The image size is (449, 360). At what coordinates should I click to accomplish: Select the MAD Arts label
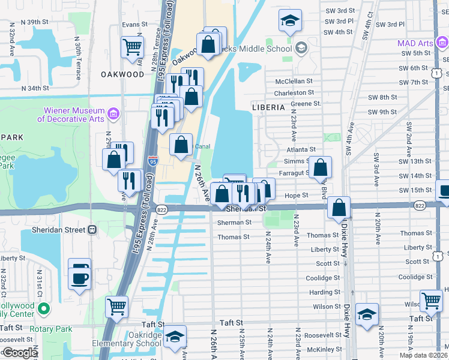tap(415, 43)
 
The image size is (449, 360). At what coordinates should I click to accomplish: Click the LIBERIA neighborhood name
tap(267, 107)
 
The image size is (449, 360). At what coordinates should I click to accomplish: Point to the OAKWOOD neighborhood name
tap(123, 74)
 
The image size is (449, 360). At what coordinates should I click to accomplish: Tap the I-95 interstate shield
tap(152, 160)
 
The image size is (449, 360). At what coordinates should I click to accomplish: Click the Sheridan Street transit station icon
tap(92, 229)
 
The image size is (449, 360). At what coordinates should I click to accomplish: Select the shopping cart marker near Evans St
tap(132, 47)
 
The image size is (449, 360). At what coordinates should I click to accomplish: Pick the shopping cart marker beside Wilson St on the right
tap(431, 301)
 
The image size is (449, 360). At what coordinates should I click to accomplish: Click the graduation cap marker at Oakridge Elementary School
tap(175, 337)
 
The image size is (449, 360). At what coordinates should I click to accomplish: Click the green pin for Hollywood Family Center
tap(43, 309)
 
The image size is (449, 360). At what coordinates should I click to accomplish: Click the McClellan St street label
tap(294, 81)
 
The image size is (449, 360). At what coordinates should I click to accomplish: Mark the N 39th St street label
tap(34, 22)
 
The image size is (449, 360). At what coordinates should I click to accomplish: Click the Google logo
tap(20, 353)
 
